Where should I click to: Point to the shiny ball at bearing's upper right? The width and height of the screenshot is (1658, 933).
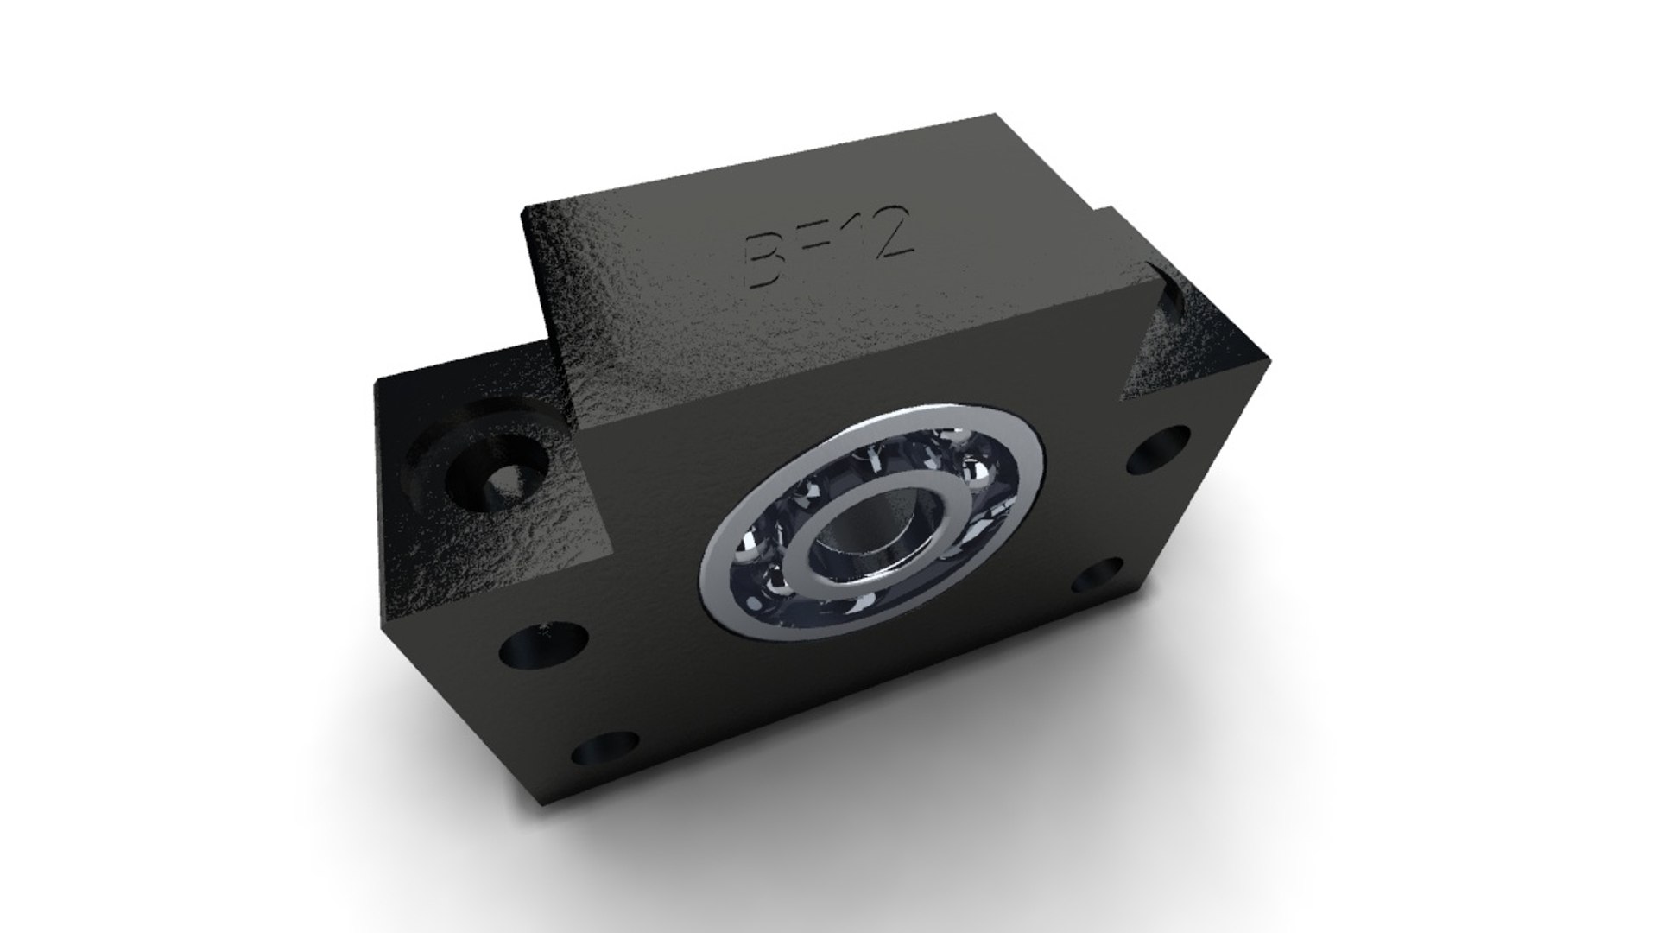(978, 473)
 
